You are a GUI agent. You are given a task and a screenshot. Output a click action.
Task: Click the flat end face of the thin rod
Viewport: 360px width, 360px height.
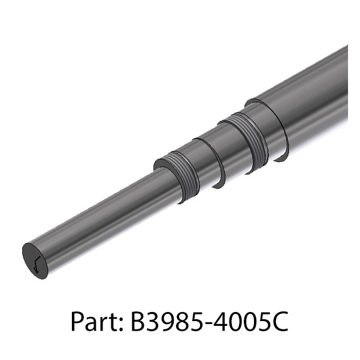click(x=35, y=261)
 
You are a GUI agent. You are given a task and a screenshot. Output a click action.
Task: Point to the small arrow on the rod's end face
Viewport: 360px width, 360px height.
click(x=37, y=264)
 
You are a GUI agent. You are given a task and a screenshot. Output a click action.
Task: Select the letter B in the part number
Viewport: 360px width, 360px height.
click(x=137, y=321)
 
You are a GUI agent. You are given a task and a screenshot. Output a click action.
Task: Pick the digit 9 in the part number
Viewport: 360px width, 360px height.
click(x=168, y=321)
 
